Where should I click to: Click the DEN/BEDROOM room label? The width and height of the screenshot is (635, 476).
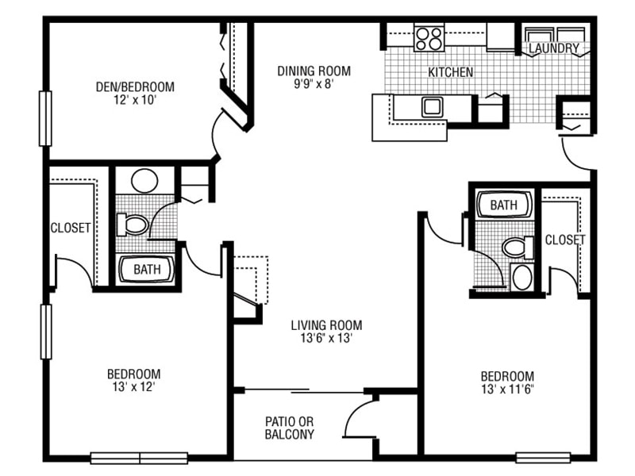pos(135,86)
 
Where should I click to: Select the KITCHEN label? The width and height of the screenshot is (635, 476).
pos(451,72)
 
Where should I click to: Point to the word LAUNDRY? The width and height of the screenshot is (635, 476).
pos(554,49)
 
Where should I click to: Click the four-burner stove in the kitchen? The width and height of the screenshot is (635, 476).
pos(429,37)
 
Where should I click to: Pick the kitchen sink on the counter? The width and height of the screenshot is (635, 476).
pos(433,106)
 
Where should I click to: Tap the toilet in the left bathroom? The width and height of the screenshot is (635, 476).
pos(133,225)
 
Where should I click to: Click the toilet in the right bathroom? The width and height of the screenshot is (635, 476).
pos(517,248)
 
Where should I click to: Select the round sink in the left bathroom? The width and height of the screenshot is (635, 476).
pos(144,180)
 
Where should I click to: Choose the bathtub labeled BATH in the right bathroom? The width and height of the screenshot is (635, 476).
pos(504,205)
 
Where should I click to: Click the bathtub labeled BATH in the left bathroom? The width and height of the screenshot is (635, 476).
pos(147,269)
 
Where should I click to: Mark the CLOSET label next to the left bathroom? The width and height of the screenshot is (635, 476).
pos(71,228)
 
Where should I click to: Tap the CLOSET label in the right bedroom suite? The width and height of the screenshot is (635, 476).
pos(564,239)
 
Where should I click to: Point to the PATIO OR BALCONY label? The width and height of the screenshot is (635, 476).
pos(289,428)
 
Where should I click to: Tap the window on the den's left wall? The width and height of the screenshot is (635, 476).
pos(45,119)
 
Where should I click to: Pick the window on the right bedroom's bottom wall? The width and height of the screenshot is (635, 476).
pos(543,458)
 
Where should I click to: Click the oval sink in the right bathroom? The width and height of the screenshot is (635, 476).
pos(522,277)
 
